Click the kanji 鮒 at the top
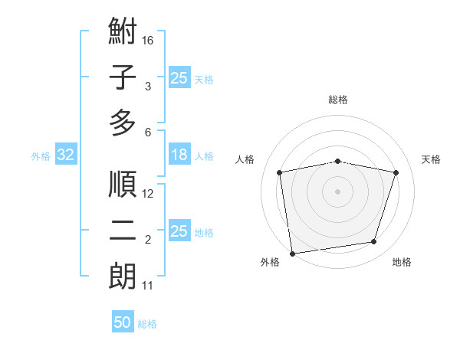coord(123,33)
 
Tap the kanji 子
coord(123,78)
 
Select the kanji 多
coord(123,123)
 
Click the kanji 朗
coord(123,277)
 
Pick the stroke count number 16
coord(149,40)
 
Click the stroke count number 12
coord(149,194)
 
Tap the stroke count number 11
coord(148,286)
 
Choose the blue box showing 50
coord(123,322)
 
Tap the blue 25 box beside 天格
coord(179,78)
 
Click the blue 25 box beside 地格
coord(179,231)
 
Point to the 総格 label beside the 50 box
coord(147,324)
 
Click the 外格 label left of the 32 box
coord(41,156)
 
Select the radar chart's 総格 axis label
coord(338,100)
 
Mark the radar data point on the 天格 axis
coord(396,172)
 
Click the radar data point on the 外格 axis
coord(292,253)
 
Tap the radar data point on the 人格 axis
coord(280,172)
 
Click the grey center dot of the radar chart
coord(338,191)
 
